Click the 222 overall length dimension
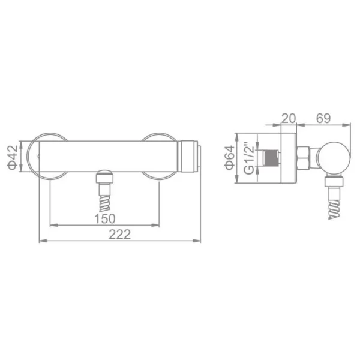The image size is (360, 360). click(119, 235)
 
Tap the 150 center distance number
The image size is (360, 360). click(104, 218)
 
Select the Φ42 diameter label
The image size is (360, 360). click(13, 157)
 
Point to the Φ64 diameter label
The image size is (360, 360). click(230, 158)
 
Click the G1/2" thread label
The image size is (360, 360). click(249, 159)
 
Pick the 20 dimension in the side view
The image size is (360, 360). click(289, 118)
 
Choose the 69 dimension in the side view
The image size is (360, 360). click(323, 118)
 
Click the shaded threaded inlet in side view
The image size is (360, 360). click(271, 158)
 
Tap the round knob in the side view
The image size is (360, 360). click(334, 158)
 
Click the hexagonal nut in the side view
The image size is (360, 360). click(304, 158)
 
